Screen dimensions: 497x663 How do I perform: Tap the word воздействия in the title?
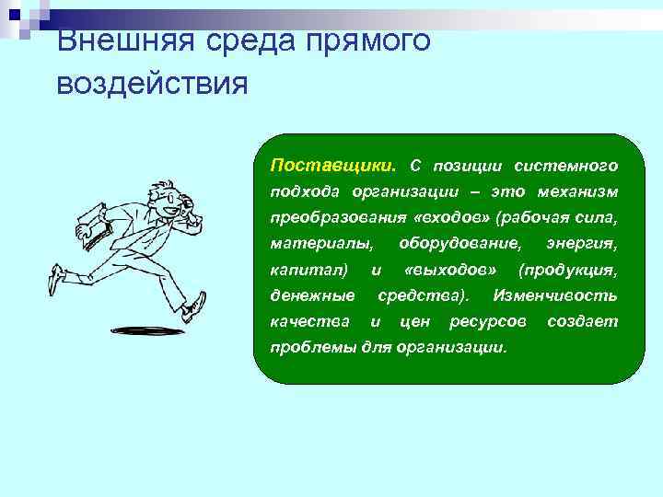point(152,84)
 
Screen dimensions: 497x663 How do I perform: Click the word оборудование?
point(459,244)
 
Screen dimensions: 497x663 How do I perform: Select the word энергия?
point(581,244)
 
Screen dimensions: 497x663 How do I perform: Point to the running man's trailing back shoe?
point(56,277)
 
